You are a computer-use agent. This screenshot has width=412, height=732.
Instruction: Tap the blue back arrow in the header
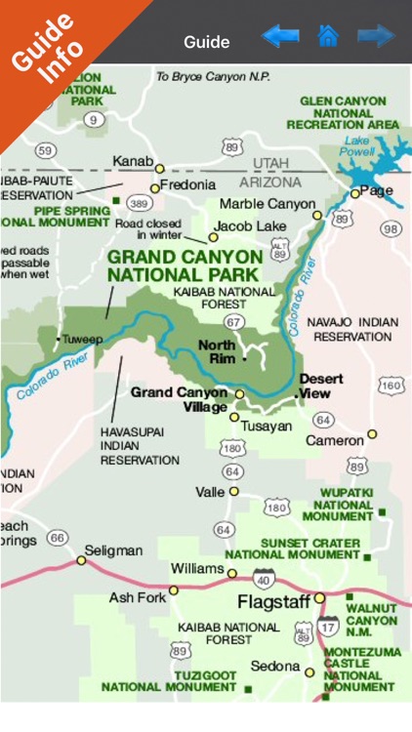coord(280,37)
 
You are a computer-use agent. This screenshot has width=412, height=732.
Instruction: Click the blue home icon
coord(328,37)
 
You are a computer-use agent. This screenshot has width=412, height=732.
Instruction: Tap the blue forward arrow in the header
coord(376,37)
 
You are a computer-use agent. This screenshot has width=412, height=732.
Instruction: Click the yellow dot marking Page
coord(355,193)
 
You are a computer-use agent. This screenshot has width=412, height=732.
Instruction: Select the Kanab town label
coord(133,160)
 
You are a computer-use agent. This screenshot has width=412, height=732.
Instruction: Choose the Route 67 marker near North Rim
coord(233,321)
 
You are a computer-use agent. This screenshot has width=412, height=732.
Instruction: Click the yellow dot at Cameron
coord(372,434)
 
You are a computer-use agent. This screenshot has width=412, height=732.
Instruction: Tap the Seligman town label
coord(113,550)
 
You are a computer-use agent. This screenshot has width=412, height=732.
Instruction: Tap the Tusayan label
coord(267,427)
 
